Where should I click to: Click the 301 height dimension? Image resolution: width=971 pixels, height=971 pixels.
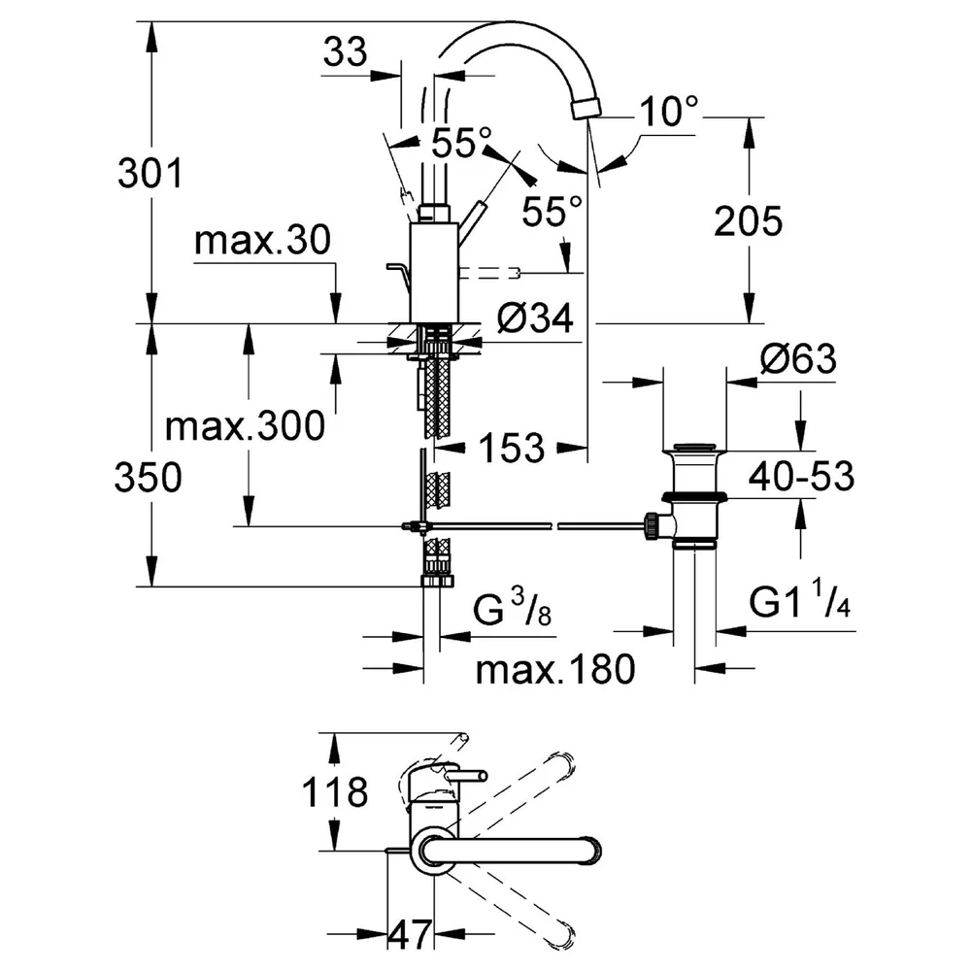pyautogui.click(x=151, y=173)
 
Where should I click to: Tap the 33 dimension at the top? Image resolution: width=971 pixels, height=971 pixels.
pyautogui.click(x=345, y=51)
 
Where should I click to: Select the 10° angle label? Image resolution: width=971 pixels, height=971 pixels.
pyautogui.click(x=669, y=111)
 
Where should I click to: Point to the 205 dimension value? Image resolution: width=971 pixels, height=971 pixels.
pyautogui.click(x=748, y=221)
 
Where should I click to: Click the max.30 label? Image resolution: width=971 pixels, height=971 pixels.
pyautogui.click(x=262, y=240)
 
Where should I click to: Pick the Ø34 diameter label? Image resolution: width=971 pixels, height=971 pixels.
pyautogui.click(x=536, y=318)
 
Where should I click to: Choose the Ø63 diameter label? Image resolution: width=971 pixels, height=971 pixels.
pyautogui.click(x=798, y=358)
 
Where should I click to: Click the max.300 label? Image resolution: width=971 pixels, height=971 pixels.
pyautogui.click(x=246, y=425)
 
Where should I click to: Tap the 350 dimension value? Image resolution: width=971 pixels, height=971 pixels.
pyautogui.click(x=148, y=478)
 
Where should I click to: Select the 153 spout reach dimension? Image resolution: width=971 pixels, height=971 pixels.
pyautogui.click(x=512, y=447)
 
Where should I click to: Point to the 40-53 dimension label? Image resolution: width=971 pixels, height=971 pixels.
pyautogui.click(x=802, y=476)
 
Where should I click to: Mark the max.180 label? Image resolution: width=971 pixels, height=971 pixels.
pyautogui.click(x=555, y=669)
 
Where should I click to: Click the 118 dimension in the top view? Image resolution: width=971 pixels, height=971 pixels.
pyautogui.click(x=334, y=792)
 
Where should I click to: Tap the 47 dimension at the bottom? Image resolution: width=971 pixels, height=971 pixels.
pyautogui.click(x=410, y=934)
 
